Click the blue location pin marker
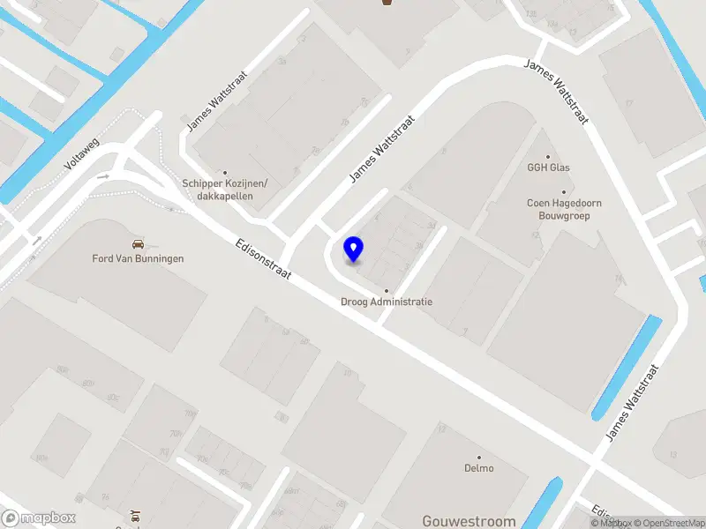click(353, 250)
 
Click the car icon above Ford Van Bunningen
click(138, 242)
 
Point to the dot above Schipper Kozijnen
click(226, 173)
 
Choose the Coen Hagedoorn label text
click(564, 203)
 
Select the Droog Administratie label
click(387, 302)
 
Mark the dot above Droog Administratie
click(387, 291)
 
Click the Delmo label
click(479, 468)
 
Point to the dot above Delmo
click(479, 457)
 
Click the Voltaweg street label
click(84, 153)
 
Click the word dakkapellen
click(224, 196)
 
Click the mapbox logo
click(39, 518)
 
